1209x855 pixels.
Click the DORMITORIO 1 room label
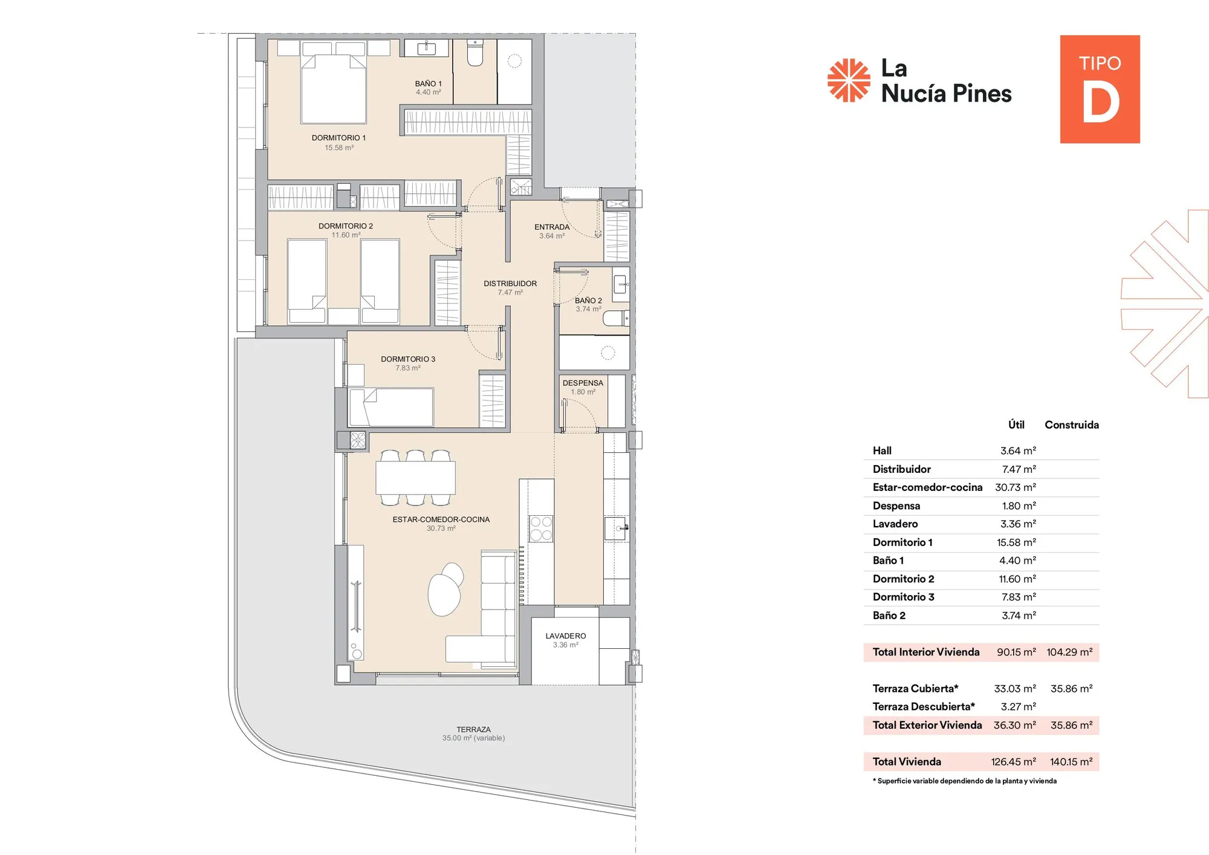[339, 138]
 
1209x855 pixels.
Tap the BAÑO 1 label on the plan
[428, 83]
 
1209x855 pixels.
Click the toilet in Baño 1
[475, 54]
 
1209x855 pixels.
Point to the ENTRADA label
[551, 227]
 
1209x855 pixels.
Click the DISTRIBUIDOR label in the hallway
[510, 284]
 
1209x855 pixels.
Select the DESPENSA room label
[583, 383]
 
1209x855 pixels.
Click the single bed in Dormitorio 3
[391, 408]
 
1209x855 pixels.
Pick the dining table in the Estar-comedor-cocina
[415, 478]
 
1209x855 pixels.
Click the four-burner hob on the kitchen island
[541, 528]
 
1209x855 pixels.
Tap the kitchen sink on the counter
[615, 528]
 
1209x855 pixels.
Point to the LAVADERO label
[565, 636]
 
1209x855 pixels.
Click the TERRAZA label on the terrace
[473, 730]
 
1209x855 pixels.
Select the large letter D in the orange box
[1100, 103]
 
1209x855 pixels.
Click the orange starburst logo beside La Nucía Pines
[849, 80]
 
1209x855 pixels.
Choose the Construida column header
[1071, 425]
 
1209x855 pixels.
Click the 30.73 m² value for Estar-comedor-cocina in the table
[1015, 487]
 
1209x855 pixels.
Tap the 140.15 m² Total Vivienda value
[1071, 762]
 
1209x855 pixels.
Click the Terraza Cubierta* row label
[915, 689]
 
